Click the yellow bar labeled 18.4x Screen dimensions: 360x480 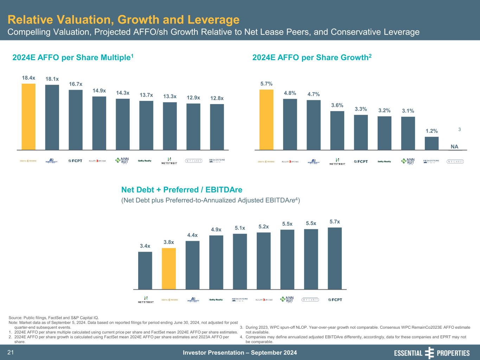(28, 117)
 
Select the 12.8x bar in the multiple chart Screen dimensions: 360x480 (217, 127)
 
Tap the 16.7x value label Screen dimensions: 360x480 (76, 84)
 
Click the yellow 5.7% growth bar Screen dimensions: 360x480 (266, 120)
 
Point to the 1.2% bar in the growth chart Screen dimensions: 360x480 (431, 143)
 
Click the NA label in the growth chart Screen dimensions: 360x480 (455, 147)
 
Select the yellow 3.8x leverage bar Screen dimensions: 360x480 (169, 269)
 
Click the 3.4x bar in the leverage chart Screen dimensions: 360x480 (145, 270)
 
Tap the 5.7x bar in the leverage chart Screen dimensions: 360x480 (335, 258)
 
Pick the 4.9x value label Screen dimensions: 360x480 (216, 230)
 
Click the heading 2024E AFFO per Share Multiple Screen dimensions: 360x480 (73, 57)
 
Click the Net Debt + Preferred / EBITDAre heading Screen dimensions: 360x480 (182, 190)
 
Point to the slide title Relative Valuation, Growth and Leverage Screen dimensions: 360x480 (123, 20)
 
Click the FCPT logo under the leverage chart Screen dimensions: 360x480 (335, 300)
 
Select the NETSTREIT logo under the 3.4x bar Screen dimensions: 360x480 (146, 300)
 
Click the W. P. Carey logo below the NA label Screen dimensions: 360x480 (455, 162)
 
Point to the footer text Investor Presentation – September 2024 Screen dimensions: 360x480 (240, 353)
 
